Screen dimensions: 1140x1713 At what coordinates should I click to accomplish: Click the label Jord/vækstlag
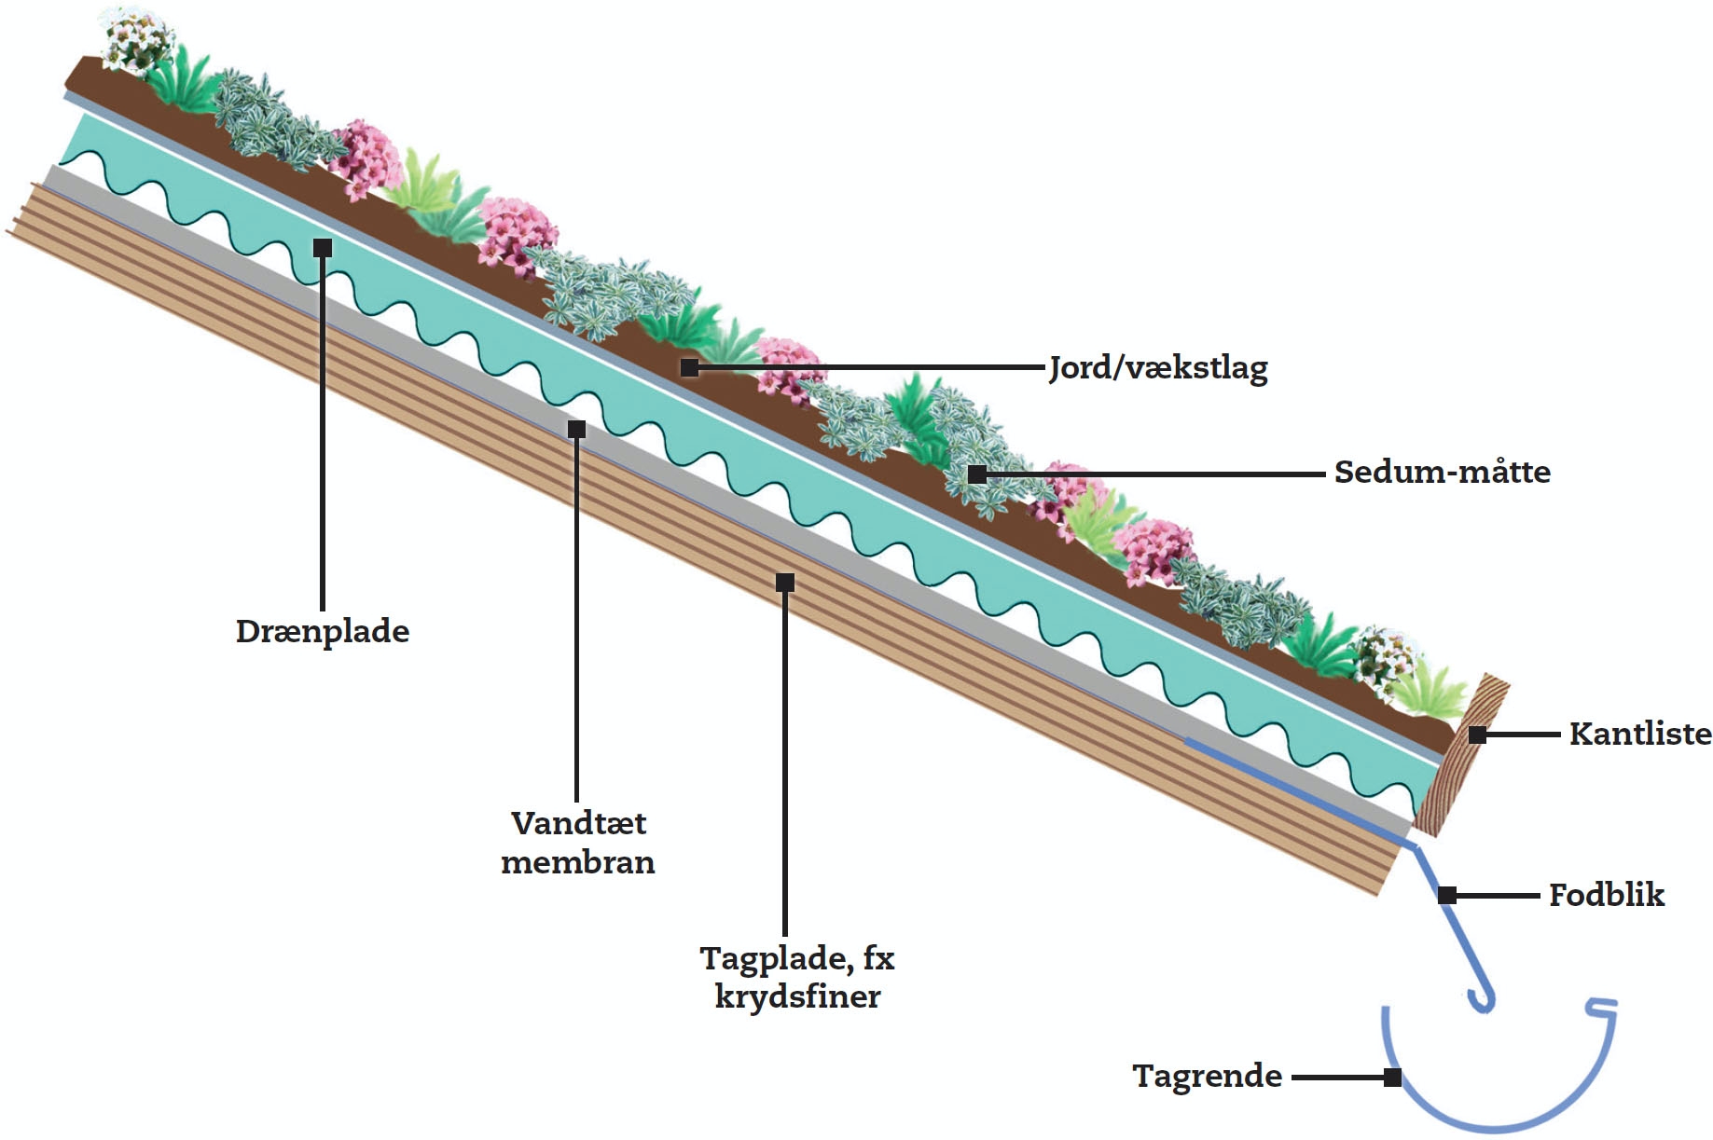pos(1158,368)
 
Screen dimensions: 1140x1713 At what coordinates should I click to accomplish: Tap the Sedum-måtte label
pos(1442,472)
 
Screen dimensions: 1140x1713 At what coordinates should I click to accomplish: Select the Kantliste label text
pos(1639,734)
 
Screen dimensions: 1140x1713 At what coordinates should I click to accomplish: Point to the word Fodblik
pos(1606,895)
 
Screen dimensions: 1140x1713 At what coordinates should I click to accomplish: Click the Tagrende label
pos(1207,1076)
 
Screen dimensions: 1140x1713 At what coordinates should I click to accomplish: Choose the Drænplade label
pos(323,631)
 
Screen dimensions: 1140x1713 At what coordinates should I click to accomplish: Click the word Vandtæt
pos(578,823)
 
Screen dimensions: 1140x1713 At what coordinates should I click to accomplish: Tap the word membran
pos(578,862)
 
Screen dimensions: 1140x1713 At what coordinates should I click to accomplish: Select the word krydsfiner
pos(797,996)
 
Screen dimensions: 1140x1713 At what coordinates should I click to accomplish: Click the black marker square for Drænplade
pos(323,248)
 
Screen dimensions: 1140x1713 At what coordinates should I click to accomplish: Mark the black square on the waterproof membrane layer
pos(577,429)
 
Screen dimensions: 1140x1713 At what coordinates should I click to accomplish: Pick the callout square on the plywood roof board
pos(785,583)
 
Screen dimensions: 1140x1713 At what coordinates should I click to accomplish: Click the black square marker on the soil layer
pos(689,368)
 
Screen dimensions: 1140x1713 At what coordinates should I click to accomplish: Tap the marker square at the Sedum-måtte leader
pos(976,474)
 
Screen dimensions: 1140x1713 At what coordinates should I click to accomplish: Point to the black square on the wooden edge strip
pos(1477,735)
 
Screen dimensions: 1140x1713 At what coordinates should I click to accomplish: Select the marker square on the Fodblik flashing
pos(1447,896)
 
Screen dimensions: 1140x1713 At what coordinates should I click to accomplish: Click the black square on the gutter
pos(1392,1078)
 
